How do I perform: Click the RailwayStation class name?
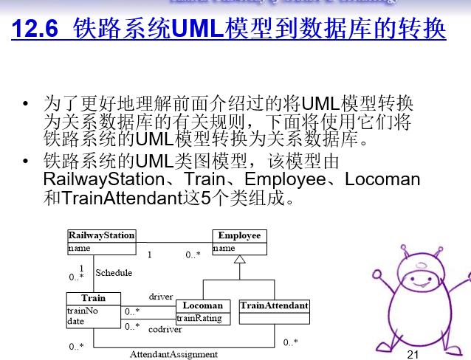101,235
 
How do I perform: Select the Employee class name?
239,235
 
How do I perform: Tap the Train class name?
93,299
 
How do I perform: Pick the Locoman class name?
202,305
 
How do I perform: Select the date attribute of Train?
75,321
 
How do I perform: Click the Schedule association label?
114,273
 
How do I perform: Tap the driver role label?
161,297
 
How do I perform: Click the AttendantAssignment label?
173,354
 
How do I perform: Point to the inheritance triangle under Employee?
238,260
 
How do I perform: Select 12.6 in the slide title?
37,30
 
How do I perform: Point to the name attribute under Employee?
224,249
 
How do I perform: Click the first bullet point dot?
27,103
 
